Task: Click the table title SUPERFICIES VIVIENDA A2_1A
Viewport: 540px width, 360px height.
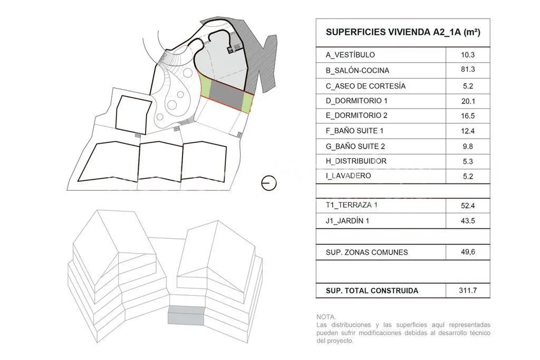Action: [x=403, y=32]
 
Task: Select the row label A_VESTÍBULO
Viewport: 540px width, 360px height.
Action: [x=350, y=55]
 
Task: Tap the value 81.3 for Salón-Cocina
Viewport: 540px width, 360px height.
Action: [x=468, y=69]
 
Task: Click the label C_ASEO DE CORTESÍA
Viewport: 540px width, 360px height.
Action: [x=366, y=86]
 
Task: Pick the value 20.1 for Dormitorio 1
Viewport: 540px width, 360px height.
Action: [x=468, y=101]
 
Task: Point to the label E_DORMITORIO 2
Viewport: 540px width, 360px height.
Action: [x=356, y=115]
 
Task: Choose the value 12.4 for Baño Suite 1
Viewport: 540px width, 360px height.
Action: [x=468, y=131]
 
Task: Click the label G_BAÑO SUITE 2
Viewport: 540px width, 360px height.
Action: [x=355, y=147]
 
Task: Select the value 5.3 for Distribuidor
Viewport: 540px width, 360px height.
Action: [x=468, y=161]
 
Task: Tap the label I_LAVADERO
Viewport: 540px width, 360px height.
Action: [x=348, y=176]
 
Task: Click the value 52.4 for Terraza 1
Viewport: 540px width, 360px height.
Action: [x=468, y=206]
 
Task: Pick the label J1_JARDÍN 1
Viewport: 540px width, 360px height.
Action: [x=348, y=221]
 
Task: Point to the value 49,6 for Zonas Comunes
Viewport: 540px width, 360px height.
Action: [x=468, y=252]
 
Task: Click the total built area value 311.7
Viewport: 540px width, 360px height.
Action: [x=468, y=290]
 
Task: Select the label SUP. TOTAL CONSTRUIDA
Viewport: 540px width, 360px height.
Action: [x=372, y=290]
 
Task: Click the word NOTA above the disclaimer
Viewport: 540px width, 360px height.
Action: [x=326, y=317]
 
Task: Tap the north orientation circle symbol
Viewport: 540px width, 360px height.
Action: [x=269, y=183]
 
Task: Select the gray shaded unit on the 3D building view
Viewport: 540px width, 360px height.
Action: [x=186, y=315]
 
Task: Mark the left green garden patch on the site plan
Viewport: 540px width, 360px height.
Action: [x=206, y=88]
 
